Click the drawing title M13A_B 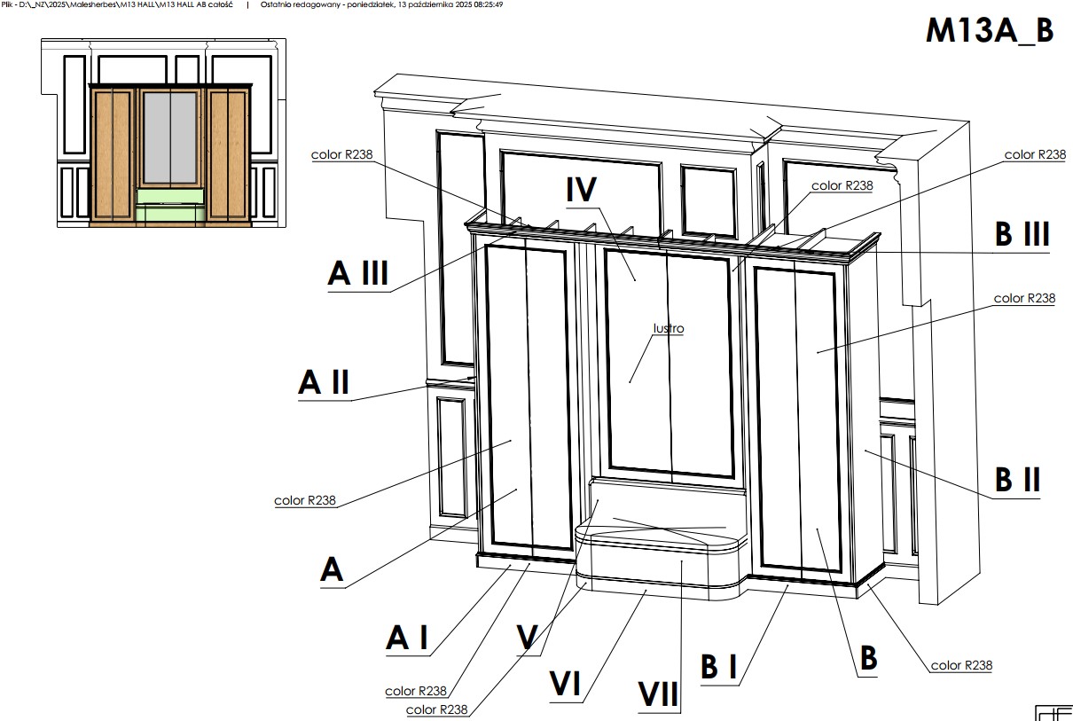tap(990, 30)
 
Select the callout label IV tap(582, 189)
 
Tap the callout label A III tap(358, 273)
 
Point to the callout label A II tap(324, 382)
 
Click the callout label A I tap(407, 638)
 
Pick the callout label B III tap(1022, 233)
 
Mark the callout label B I tap(718, 666)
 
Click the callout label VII tap(658, 694)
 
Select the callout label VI tap(565, 683)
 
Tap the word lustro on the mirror tap(669, 328)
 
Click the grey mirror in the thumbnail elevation tap(170, 137)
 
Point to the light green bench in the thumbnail tap(170, 204)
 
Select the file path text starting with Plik tap(117, 4)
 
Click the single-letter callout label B tap(868, 658)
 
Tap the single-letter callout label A tap(332, 569)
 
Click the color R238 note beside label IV tap(842, 185)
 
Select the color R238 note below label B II tap(961, 665)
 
